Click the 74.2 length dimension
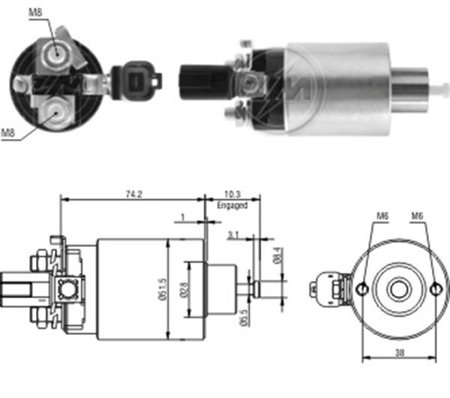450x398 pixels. (133, 194)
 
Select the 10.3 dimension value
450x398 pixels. (232, 194)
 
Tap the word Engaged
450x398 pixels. (232, 204)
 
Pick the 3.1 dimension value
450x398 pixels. (233, 236)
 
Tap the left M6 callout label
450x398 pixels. (382, 216)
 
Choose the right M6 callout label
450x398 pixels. (418, 216)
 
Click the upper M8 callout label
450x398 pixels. (35, 12)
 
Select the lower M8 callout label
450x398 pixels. (8, 133)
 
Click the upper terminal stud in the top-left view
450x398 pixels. (55, 52)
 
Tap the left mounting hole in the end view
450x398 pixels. (363, 288)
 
